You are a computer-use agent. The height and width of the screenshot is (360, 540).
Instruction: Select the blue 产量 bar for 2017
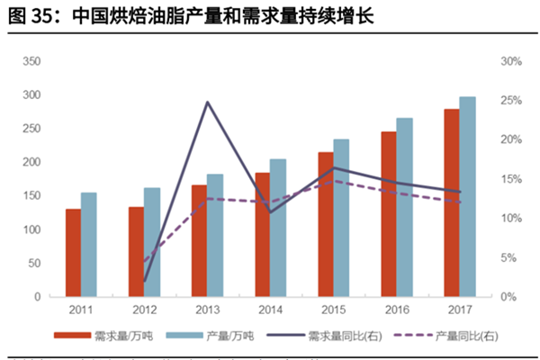pos(468,196)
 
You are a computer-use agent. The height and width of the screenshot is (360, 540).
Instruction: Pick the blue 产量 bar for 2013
pos(215,235)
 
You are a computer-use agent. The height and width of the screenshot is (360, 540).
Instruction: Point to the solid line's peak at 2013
pos(207,102)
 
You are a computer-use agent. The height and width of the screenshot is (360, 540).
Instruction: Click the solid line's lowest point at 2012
pos(144,282)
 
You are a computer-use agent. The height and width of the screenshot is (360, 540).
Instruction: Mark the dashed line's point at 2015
pos(334,181)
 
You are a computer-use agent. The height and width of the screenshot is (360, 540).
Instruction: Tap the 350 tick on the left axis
pos(31,61)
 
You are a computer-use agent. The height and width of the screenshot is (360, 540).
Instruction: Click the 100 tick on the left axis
pos(31,229)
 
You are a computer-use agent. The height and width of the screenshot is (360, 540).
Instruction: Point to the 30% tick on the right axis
pos(512,61)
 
